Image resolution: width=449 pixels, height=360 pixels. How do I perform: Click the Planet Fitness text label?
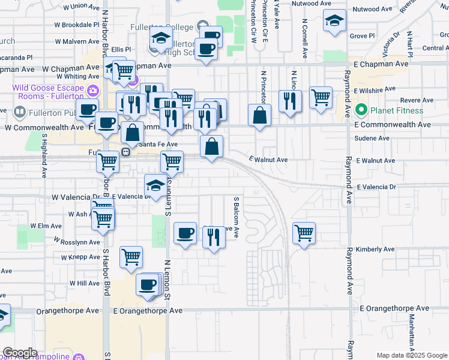click(397, 110)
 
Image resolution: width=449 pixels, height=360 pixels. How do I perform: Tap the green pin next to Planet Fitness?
click(361, 110)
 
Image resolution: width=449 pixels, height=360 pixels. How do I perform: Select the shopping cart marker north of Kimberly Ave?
click(304, 233)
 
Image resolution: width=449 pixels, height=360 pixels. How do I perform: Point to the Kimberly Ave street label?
click(375, 249)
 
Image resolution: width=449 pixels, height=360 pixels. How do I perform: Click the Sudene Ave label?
click(373, 138)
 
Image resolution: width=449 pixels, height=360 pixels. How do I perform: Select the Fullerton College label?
click(161, 27)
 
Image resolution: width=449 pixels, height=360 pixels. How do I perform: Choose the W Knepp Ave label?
click(80, 257)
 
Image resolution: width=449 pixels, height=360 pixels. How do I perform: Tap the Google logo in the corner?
click(20, 353)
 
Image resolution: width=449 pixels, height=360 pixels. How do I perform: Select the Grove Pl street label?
click(362, 36)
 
